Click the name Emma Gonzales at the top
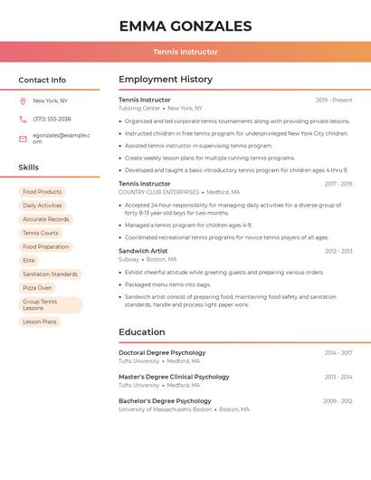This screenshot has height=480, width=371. click(x=185, y=25)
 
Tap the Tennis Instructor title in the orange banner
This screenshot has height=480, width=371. click(x=185, y=52)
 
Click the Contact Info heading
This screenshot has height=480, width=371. click(x=42, y=80)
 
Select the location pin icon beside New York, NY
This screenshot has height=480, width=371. click(x=23, y=101)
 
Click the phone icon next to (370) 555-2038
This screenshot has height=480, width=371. click(x=23, y=119)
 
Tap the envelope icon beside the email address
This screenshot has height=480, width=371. click(x=23, y=139)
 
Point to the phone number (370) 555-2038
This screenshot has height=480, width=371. click(x=52, y=119)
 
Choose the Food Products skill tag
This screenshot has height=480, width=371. click(x=42, y=192)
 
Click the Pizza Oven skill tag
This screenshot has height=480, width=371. click(x=37, y=288)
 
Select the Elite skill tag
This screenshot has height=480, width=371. click(x=29, y=260)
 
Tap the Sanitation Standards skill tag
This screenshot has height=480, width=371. click(x=50, y=274)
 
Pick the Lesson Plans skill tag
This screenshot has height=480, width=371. click(x=40, y=322)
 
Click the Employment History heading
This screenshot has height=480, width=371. click(x=166, y=80)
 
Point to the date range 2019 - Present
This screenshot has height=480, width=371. click(x=334, y=100)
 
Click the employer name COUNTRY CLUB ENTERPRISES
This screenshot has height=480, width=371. click(x=159, y=192)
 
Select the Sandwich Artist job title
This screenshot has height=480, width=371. click(x=143, y=250)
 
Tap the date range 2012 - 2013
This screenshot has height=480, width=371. click(x=338, y=251)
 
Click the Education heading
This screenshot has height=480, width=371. click(x=142, y=332)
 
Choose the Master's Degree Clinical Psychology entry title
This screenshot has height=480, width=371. click(x=174, y=377)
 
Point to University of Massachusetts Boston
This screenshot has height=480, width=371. click(x=166, y=409)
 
